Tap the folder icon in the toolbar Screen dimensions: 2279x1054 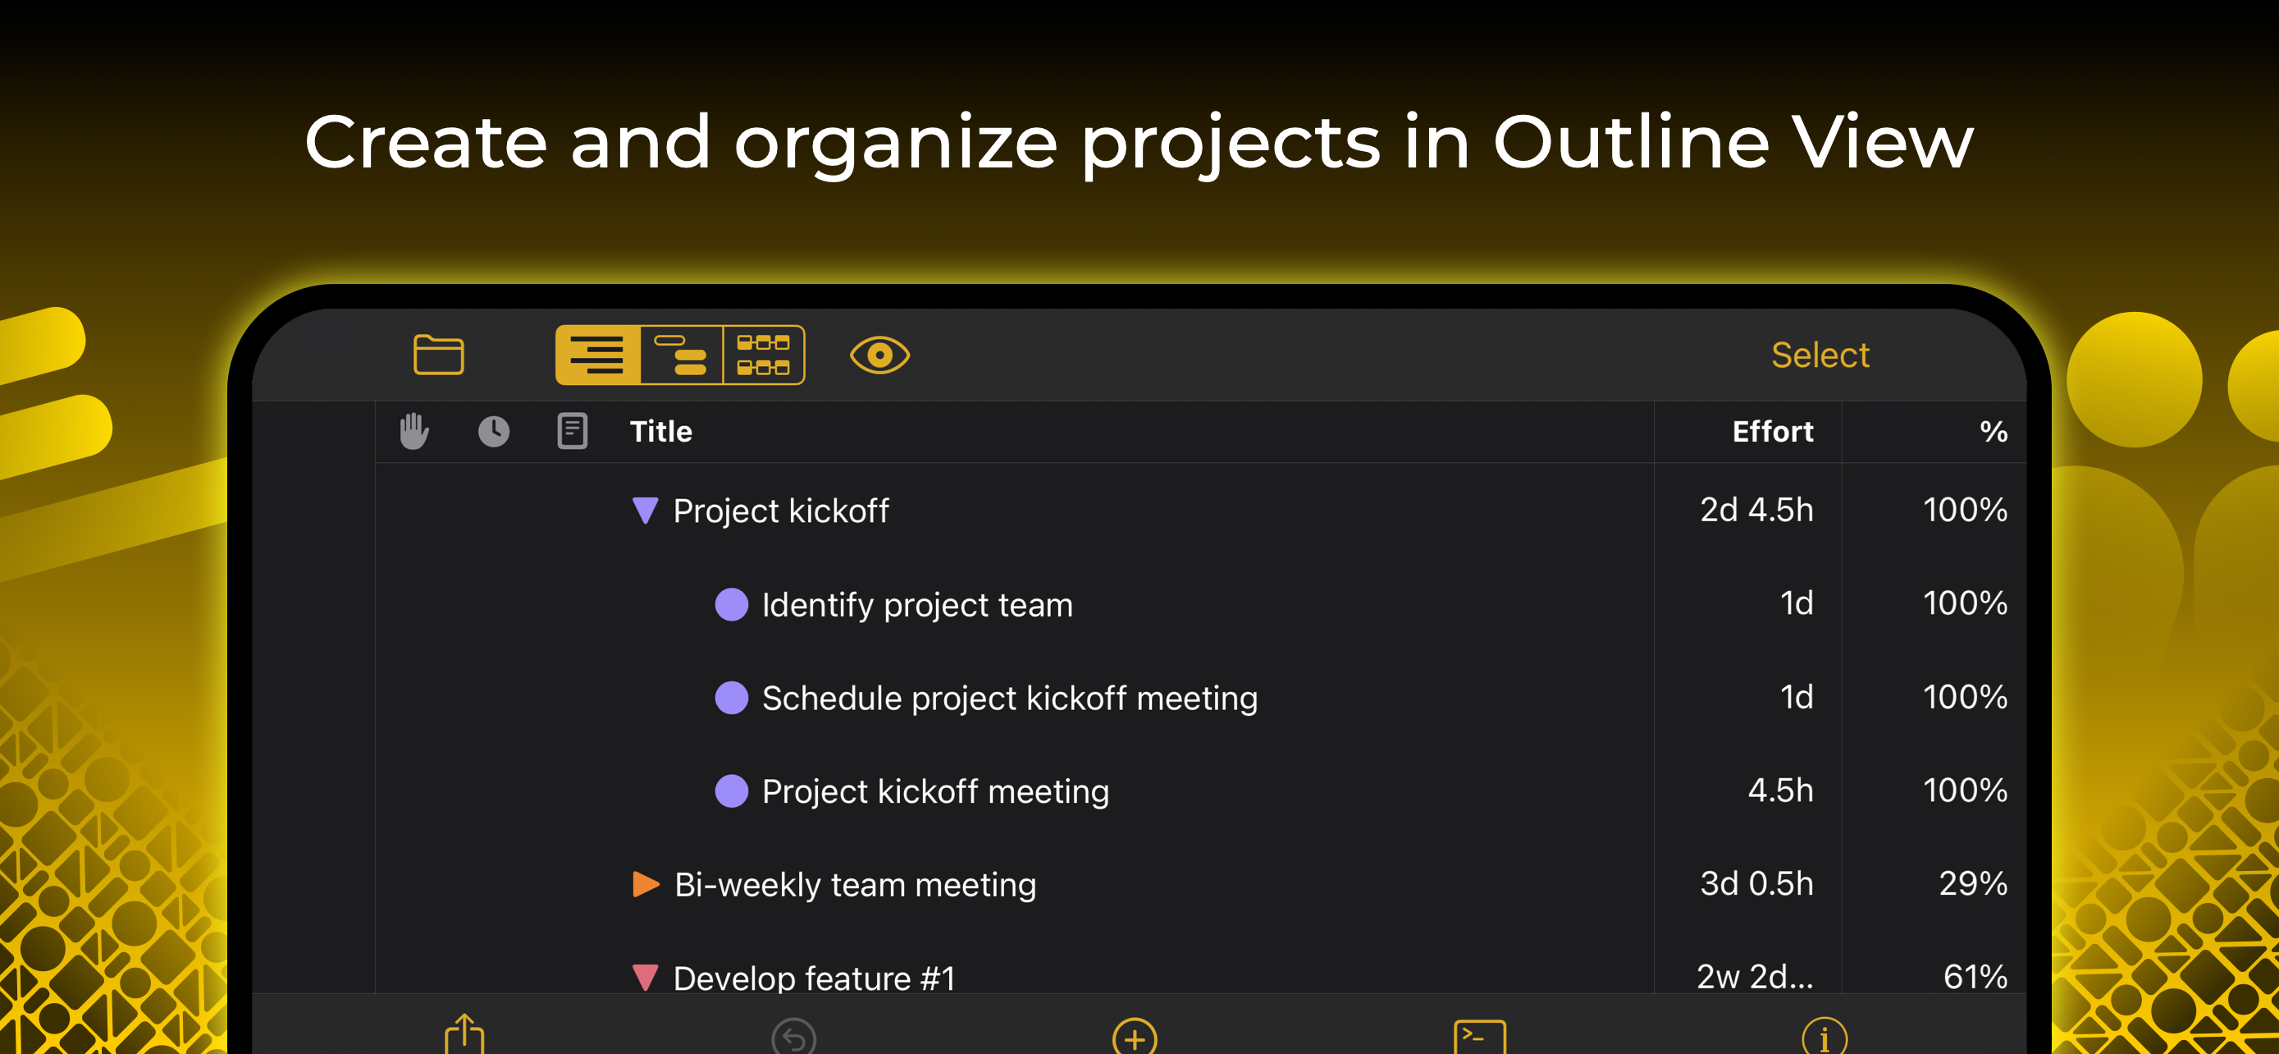click(x=438, y=355)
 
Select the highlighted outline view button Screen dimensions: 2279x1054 click(x=597, y=355)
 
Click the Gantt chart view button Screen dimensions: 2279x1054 click(x=680, y=355)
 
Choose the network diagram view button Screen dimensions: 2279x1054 click(x=764, y=355)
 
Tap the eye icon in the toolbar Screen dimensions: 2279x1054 click(x=879, y=355)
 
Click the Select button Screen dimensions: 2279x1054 click(x=1820, y=355)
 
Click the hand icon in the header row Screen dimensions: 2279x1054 click(x=413, y=432)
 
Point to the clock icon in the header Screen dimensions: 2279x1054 click(x=494, y=432)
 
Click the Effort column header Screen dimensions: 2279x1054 click(x=1772, y=432)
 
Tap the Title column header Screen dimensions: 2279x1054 click(x=661, y=432)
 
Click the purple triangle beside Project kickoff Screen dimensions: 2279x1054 click(x=645, y=510)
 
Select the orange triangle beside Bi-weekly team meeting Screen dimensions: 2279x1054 click(x=646, y=884)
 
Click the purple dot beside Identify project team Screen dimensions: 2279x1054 click(x=732, y=604)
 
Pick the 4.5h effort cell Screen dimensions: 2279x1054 click(x=1780, y=790)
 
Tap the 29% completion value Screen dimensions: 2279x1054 click(x=1973, y=883)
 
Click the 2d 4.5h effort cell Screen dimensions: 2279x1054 click(x=1756, y=510)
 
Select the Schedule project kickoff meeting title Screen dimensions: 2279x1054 click(x=1009, y=699)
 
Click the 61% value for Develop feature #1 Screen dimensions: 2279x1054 click(x=1975, y=976)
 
